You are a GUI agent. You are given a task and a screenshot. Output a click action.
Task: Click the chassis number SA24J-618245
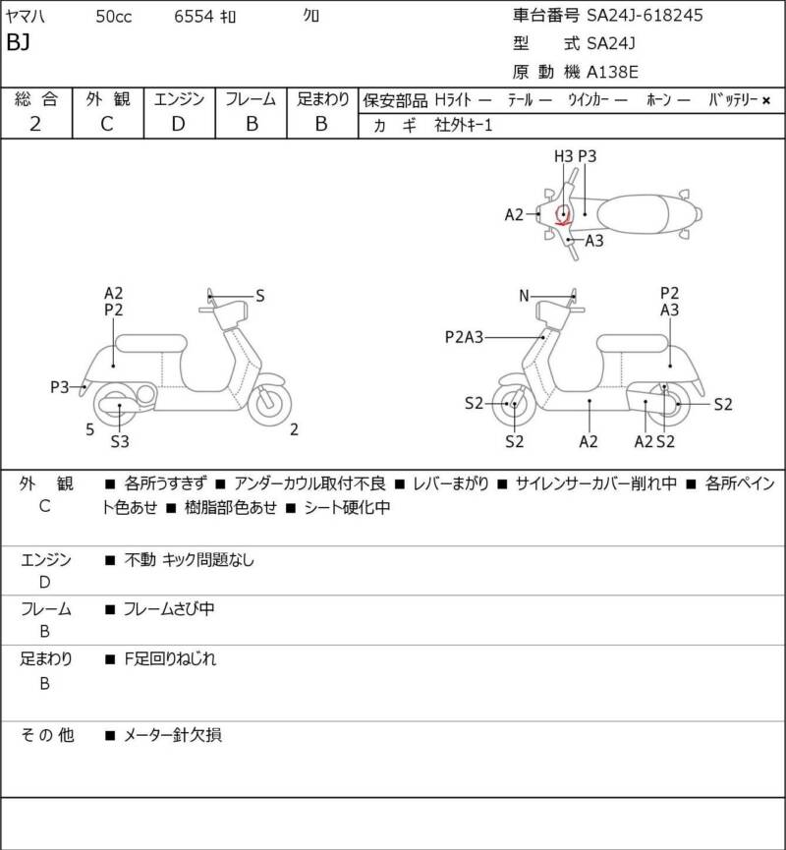click(646, 15)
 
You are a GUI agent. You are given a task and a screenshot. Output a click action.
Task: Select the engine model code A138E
click(612, 72)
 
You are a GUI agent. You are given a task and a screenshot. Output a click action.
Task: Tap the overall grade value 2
click(35, 124)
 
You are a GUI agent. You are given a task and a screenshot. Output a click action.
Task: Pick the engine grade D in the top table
click(179, 124)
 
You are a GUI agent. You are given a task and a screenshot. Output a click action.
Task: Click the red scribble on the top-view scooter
click(564, 215)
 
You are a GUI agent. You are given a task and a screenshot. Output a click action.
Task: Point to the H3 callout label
click(563, 156)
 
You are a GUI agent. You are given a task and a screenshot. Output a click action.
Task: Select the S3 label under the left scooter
click(120, 442)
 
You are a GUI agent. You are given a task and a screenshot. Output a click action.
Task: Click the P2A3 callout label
click(464, 337)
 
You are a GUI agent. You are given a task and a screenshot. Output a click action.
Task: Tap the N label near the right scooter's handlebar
click(524, 296)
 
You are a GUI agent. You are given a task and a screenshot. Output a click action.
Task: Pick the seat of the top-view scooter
click(633, 214)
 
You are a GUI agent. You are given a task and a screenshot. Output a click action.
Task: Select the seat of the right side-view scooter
click(632, 344)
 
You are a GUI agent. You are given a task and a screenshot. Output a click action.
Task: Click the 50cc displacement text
click(114, 17)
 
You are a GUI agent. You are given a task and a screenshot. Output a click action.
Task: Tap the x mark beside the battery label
click(766, 100)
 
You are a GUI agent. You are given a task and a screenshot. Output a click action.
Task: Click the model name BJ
click(18, 41)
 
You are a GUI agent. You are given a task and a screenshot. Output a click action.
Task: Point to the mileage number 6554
click(194, 17)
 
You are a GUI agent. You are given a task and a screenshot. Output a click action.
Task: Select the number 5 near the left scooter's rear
click(90, 429)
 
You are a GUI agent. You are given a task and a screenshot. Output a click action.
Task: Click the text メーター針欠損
click(173, 735)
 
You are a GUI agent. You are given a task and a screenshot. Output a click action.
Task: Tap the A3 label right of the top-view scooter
click(594, 241)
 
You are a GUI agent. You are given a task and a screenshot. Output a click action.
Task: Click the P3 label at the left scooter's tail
click(60, 387)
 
